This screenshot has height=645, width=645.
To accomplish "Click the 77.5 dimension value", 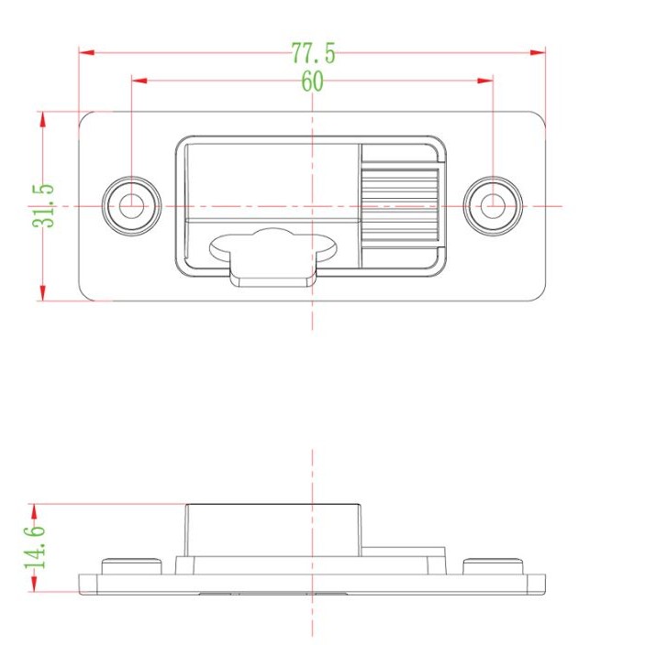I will click(x=313, y=53).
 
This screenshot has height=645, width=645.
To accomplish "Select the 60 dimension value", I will click(x=313, y=82).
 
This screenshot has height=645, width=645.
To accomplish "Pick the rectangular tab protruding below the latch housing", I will click(x=273, y=274).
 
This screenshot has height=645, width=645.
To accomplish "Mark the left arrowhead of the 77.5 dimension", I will click(x=85, y=52).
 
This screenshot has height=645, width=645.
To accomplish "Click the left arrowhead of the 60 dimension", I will click(x=139, y=81).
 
